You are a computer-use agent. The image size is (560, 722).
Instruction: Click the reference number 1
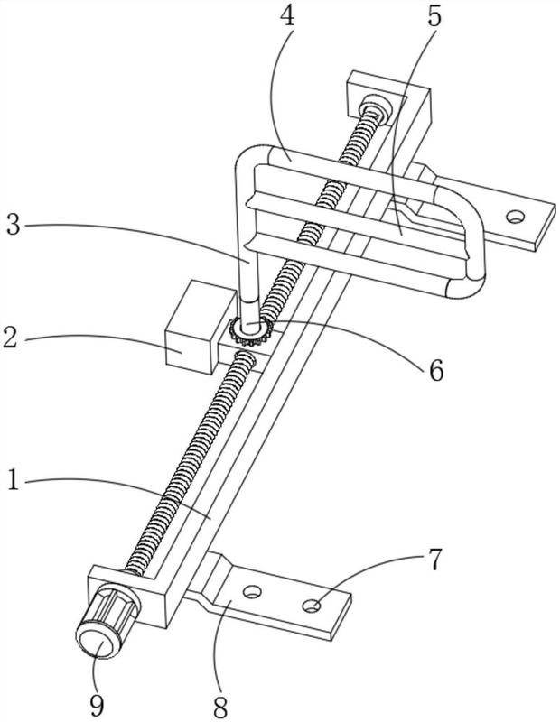click(14, 481)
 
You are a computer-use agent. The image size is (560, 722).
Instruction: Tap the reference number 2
click(11, 338)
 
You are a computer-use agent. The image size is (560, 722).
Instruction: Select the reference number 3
click(14, 225)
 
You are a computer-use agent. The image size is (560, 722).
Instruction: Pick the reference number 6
click(436, 370)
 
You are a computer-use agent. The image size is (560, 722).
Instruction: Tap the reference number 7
click(434, 559)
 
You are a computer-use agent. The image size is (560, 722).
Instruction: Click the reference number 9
click(98, 705)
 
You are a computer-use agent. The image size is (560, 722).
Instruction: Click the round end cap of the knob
click(96, 640)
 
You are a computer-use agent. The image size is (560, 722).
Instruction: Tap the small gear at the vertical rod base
click(251, 330)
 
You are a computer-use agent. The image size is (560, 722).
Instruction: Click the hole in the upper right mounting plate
click(515, 216)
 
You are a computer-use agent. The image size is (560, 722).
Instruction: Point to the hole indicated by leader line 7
click(312, 606)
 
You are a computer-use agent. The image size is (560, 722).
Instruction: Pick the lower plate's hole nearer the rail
click(252, 591)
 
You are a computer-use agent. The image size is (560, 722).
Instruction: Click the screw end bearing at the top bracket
click(376, 108)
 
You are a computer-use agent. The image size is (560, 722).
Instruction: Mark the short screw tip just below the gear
click(245, 358)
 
